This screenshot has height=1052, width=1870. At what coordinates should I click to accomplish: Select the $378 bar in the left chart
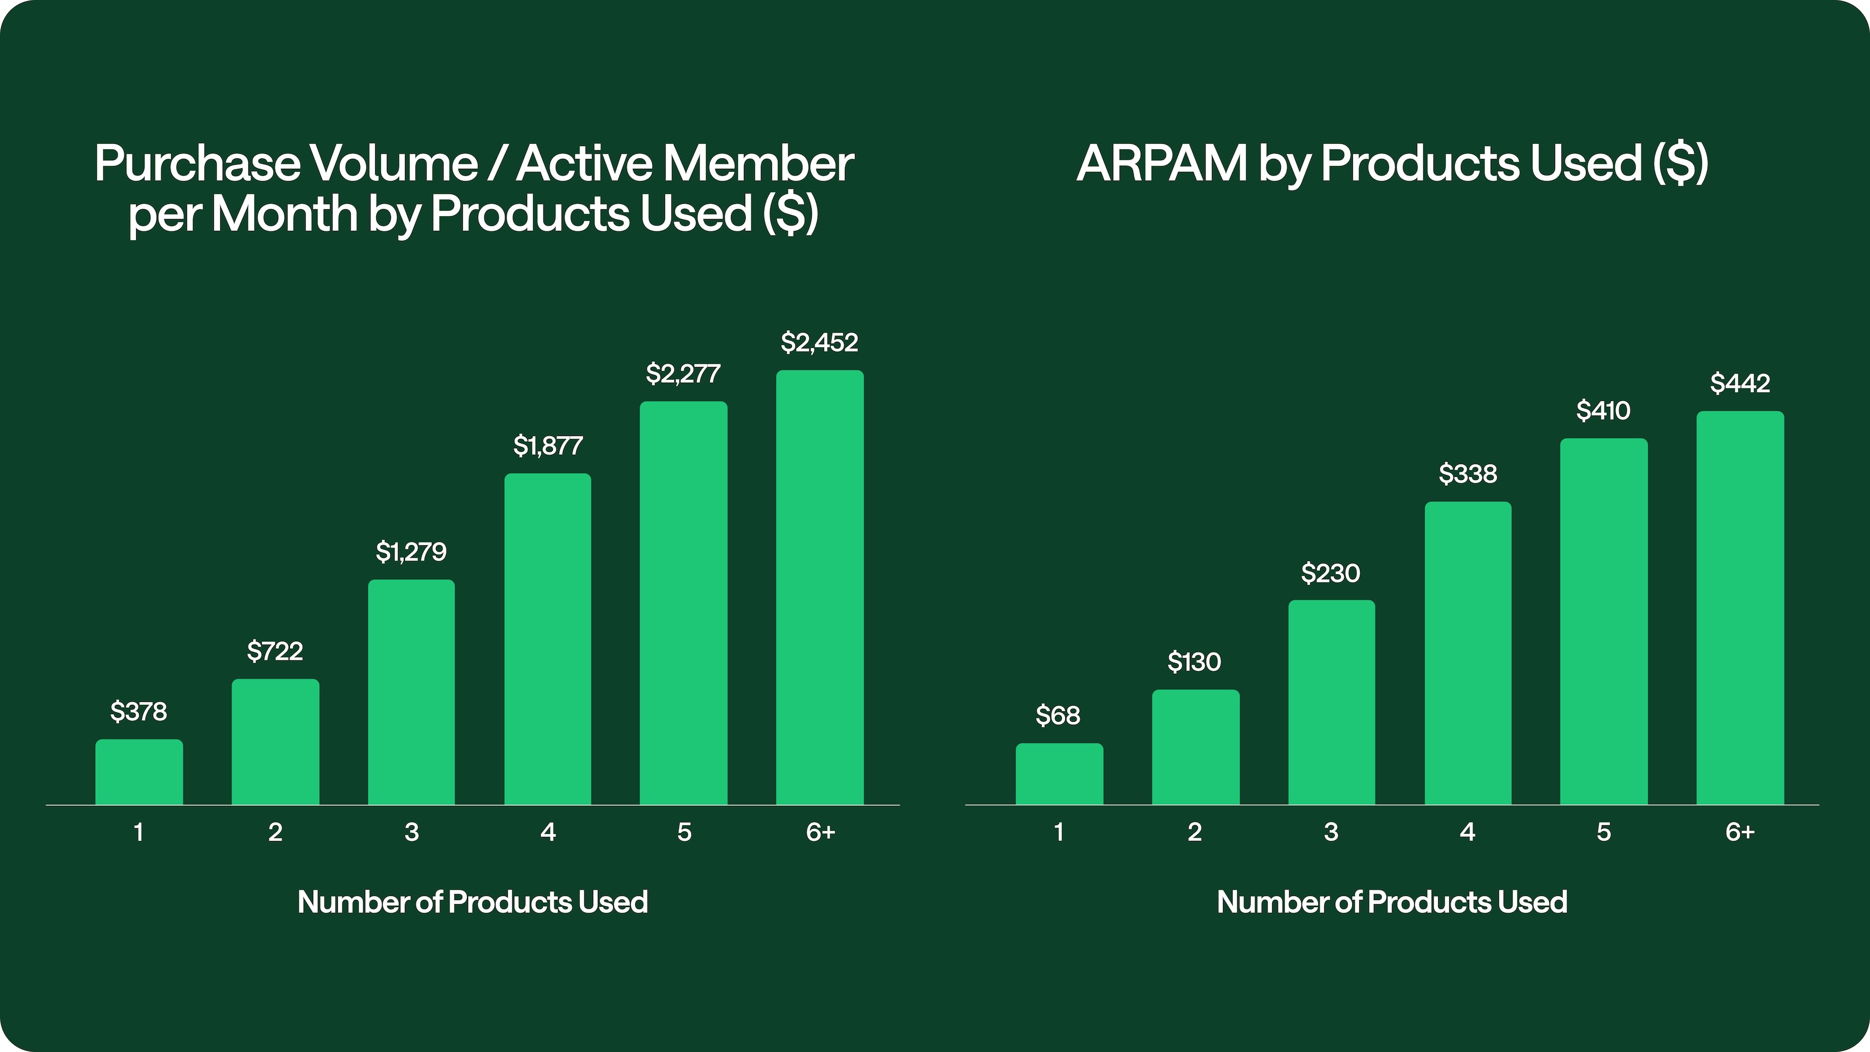(x=138, y=771)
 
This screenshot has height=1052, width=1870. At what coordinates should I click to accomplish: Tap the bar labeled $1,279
(x=411, y=691)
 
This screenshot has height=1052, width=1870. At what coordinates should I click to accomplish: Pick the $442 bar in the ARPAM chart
(x=1739, y=608)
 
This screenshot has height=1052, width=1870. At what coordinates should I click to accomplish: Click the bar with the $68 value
(x=1058, y=773)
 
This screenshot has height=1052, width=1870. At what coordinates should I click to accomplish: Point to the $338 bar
(x=1467, y=653)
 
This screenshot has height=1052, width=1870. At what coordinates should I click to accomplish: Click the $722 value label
(x=275, y=651)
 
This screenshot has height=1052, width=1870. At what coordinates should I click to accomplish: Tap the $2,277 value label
(x=683, y=374)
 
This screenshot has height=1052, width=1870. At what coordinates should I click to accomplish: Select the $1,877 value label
(x=548, y=446)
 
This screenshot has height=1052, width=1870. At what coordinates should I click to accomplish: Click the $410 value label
(x=1603, y=411)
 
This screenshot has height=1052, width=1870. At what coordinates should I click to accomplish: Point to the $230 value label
(x=1330, y=573)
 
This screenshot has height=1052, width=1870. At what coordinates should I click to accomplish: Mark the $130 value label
(x=1194, y=662)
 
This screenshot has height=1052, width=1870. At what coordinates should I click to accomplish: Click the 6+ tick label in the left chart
(x=820, y=832)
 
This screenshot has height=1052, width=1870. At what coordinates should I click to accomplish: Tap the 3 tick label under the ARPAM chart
(x=1331, y=832)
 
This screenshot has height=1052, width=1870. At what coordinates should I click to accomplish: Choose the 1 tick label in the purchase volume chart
(x=138, y=832)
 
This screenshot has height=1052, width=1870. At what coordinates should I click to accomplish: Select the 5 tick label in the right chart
(x=1604, y=832)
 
